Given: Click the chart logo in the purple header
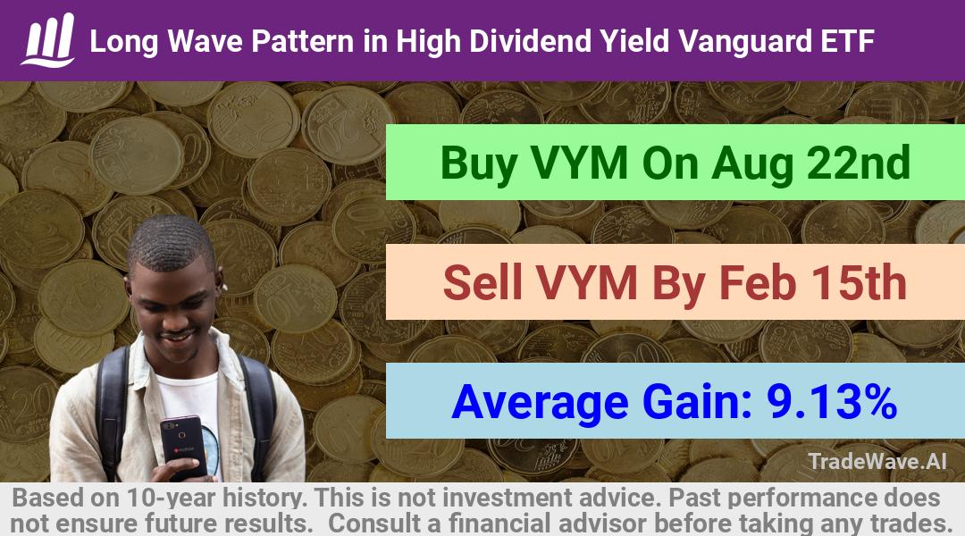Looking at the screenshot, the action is (48, 40).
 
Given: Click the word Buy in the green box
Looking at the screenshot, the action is (479, 163).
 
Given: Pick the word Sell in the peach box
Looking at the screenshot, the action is (482, 282).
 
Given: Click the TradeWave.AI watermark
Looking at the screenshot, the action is (877, 461).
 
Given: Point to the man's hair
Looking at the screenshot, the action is (171, 242).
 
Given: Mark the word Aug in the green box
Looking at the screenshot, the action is (752, 163).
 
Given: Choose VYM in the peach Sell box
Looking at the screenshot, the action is (586, 282).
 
